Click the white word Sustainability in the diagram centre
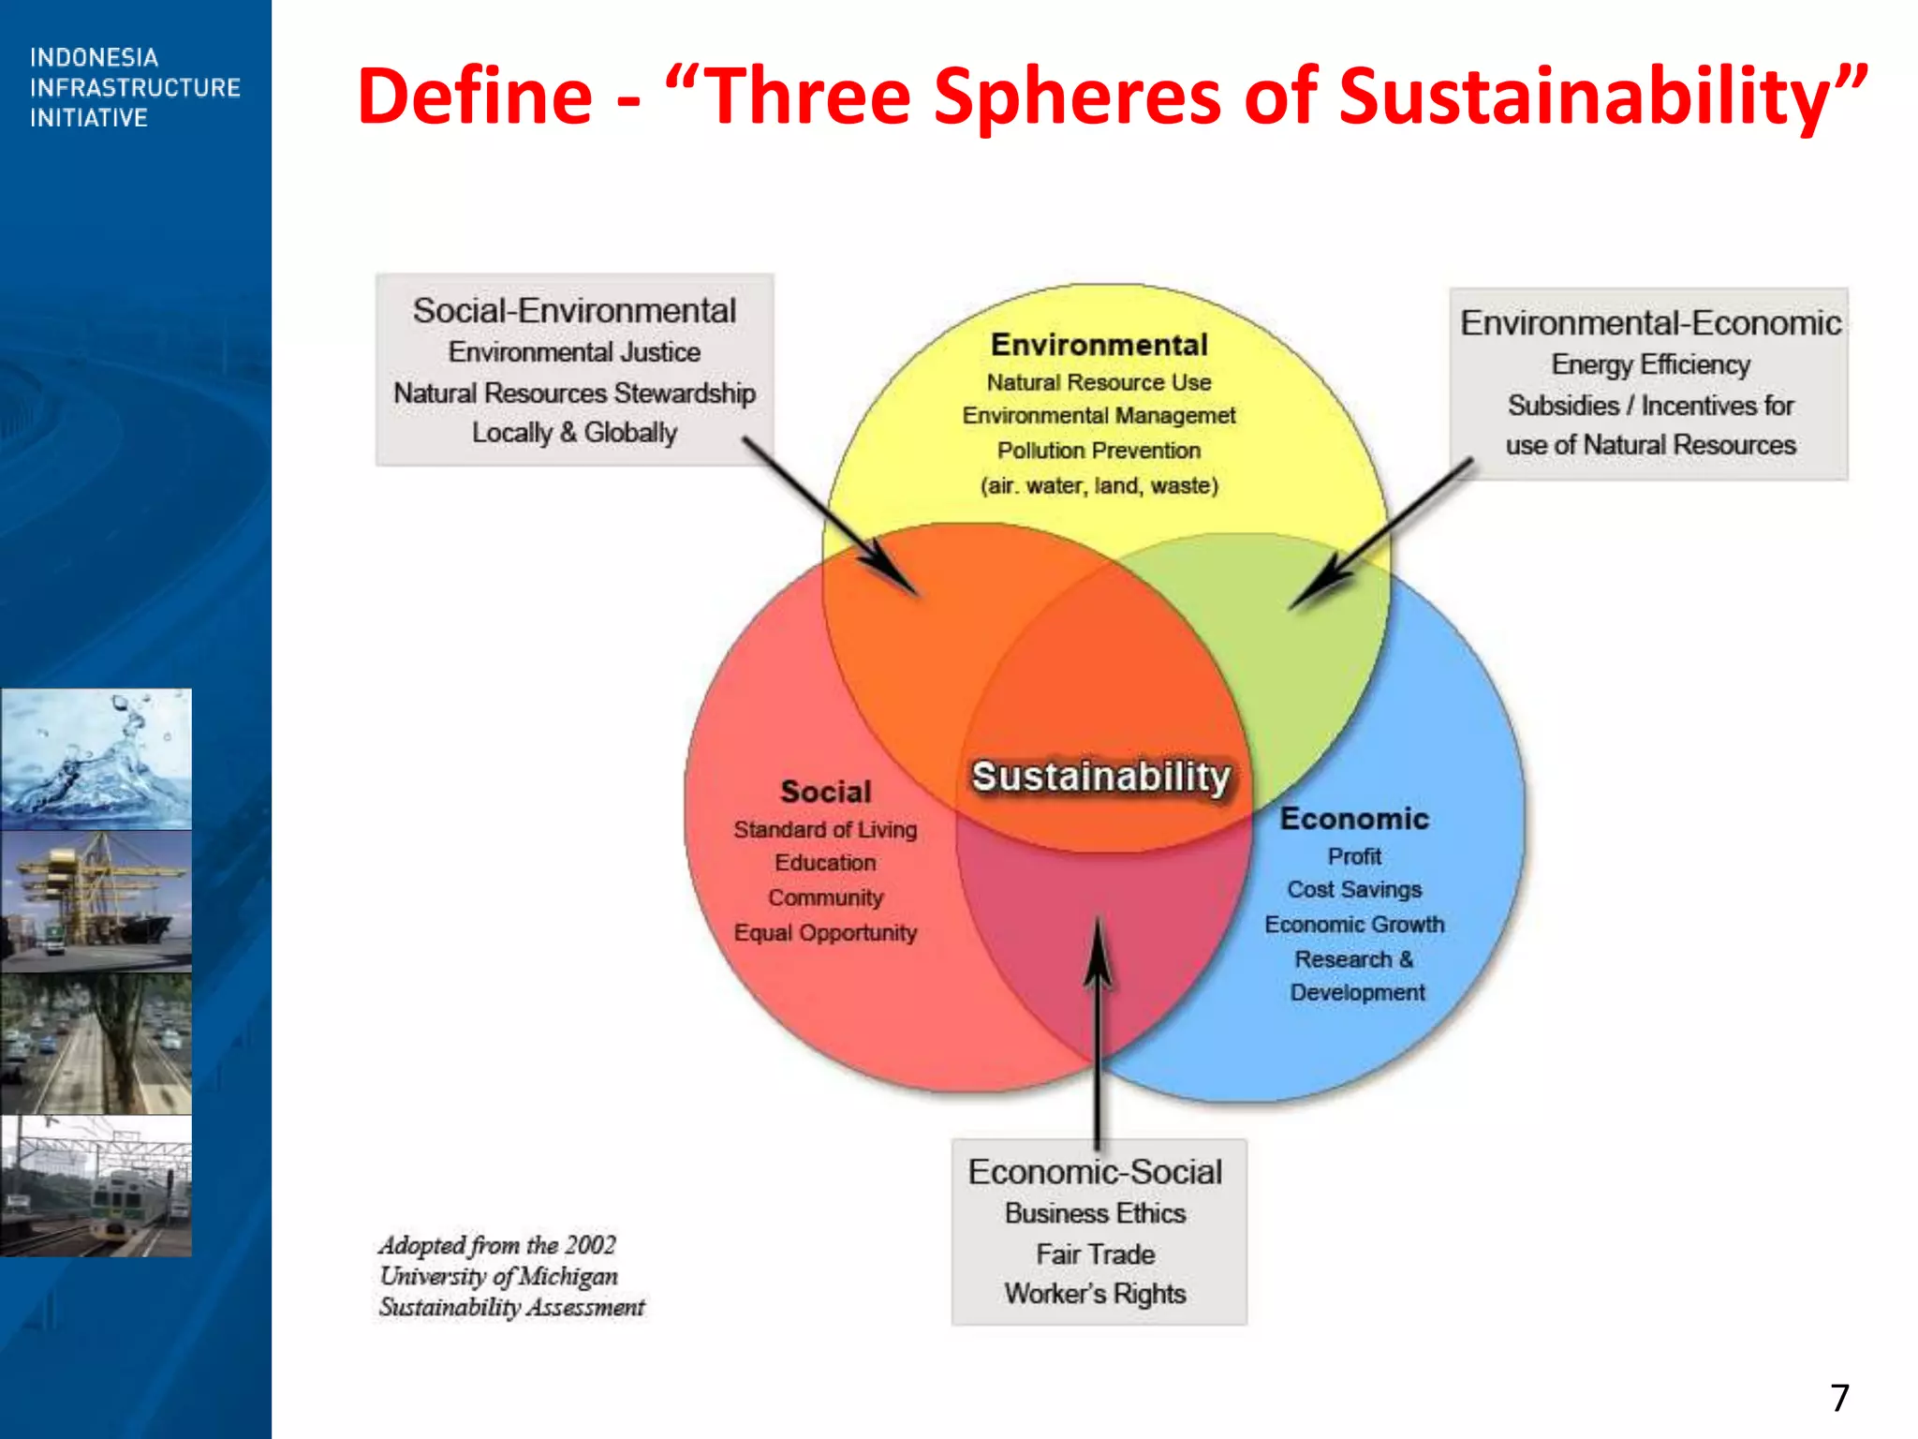pos(1100,777)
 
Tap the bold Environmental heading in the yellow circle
pos(1099,345)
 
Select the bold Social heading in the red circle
pos(825,792)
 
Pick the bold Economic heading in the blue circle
pos(1354,819)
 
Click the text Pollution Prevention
pos(1099,451)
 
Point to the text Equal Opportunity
pos(825,933)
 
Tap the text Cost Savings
pos(1354,889)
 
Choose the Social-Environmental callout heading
pos(574,310)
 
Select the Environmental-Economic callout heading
pos(1650,322)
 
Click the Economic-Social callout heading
pos(1095,1172)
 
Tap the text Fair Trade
pos(1095,1254)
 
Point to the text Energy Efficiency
pos(1650,363)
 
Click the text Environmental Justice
pos(574,352)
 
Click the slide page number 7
pos(1840,1398)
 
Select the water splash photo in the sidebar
pos(96,759)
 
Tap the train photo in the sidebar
pos(96,1185)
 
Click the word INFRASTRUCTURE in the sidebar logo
pos(135,88)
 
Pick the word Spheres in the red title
pos(1077,96)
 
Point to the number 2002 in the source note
pos(590,1245)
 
